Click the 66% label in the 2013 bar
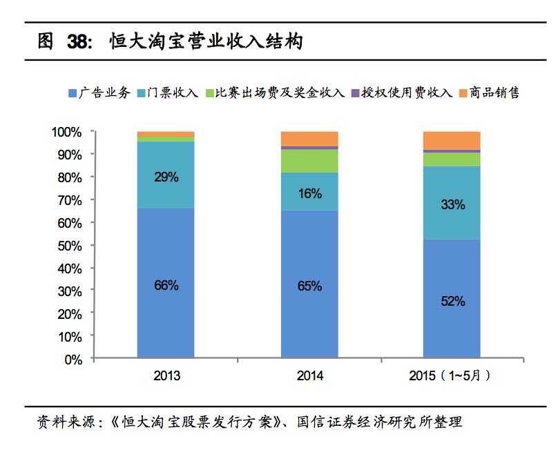tap(166, 285)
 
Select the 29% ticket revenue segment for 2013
tap(166, 177)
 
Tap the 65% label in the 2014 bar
tap(309, 286)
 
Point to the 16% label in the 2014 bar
tap(309, 194)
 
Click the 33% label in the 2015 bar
tap(452, 205)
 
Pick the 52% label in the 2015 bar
tap(452, 302)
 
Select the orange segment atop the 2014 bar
tap(309, 138)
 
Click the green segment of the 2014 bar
tap(309, 160)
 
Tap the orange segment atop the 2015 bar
tap(452, 140)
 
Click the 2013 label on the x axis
tap(166, 377)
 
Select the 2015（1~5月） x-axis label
tap(452, 377)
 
